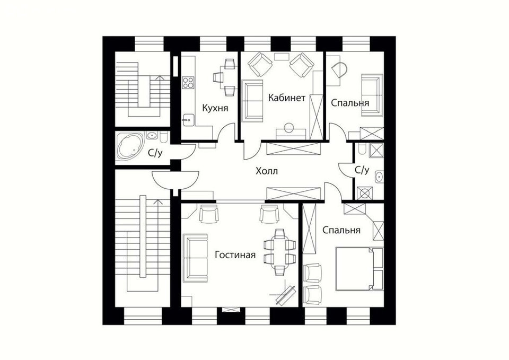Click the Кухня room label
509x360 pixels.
[215, 108]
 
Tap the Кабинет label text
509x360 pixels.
[286, 98]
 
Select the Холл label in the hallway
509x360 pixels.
[266, 171]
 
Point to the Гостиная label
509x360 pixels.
[235, 255]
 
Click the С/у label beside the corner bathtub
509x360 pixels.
[155, 154]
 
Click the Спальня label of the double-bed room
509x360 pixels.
[341, 230]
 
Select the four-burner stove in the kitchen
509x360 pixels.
[188, 82]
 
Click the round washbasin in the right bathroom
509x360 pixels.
[379, 177]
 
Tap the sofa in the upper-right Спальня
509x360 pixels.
[371, 94]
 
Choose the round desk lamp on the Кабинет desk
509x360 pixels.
[288, 127]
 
